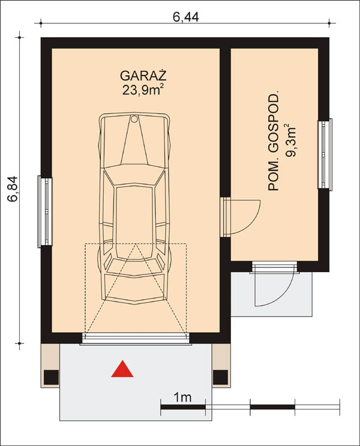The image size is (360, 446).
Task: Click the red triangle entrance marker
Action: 122,370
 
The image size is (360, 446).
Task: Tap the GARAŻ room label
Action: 143,76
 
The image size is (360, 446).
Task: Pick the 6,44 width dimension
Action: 185,17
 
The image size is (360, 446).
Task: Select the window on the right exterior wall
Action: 325,155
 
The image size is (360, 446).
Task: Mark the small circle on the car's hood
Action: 134,119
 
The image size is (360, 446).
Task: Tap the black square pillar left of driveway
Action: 52,377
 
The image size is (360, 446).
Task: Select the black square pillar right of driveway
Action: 221,377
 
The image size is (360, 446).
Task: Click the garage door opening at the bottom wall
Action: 136,340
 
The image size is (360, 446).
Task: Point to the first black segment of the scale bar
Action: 183,408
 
